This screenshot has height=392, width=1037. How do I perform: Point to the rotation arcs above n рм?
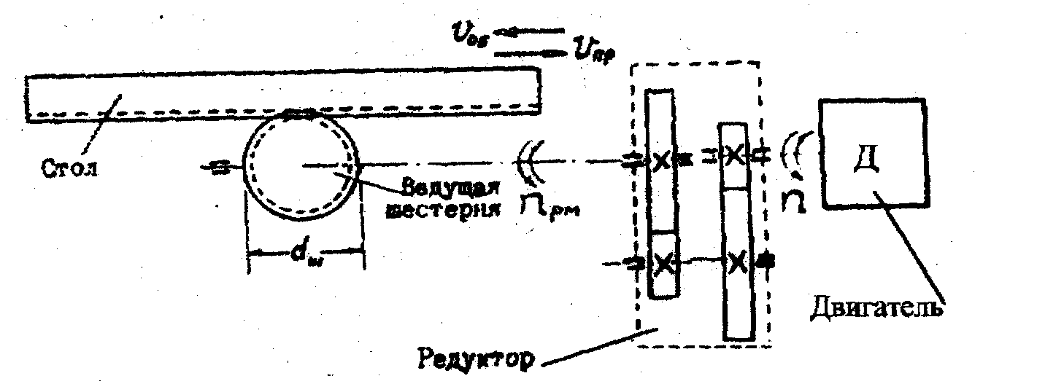530,162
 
